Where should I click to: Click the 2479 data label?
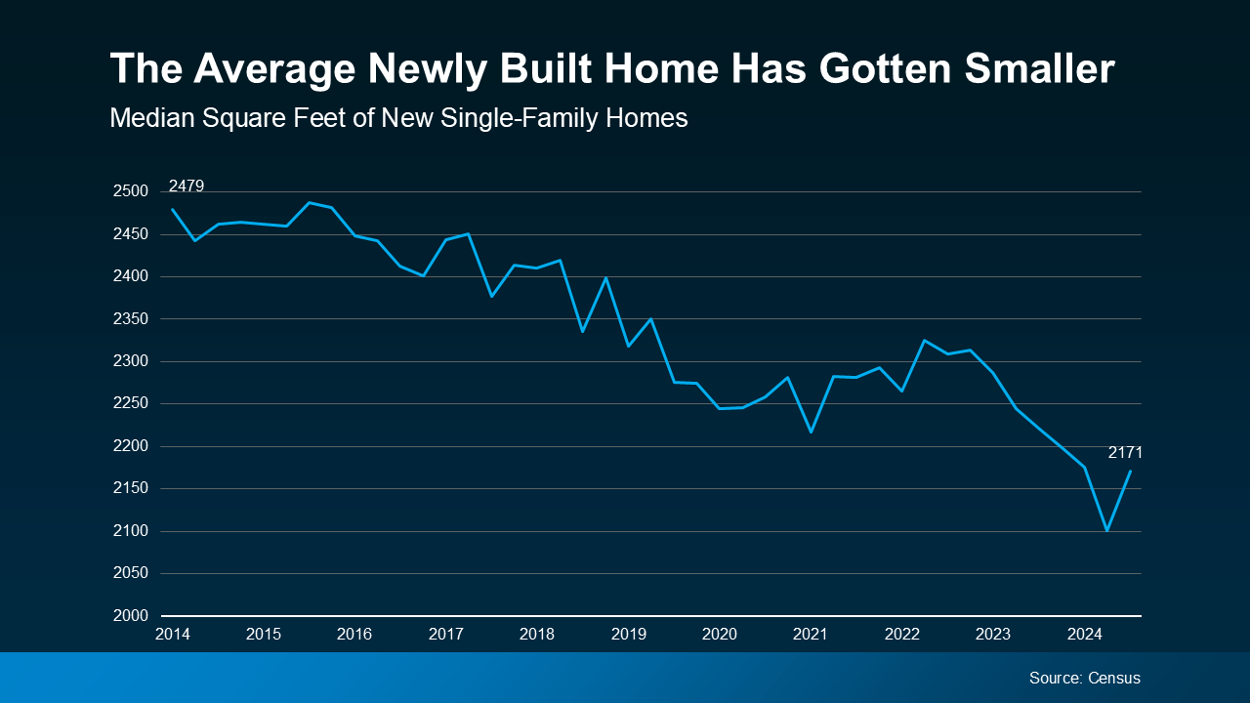click(187, 186)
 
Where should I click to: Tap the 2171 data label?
click(1125, 453)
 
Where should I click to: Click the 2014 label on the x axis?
click(173, 635)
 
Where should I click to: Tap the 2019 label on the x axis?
click(629, 635)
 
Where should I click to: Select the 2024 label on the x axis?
click(1085, 635)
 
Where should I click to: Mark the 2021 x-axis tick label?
click(811, 635)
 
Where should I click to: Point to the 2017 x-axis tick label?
click(446, 635)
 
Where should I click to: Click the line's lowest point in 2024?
click(1106, 530)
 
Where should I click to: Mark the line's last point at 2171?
click(1130, 472)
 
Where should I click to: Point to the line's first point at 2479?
click(173, 209)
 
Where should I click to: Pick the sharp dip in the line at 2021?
click(811, 432)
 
